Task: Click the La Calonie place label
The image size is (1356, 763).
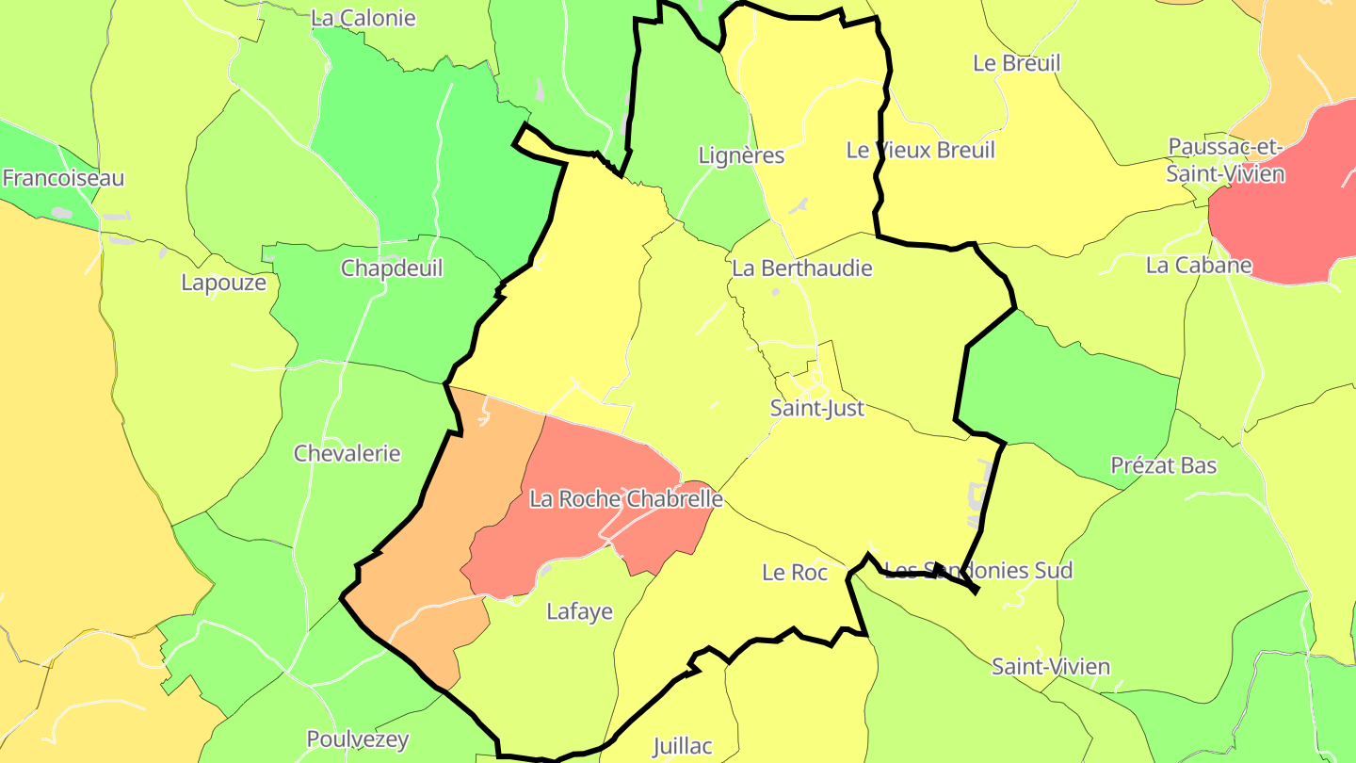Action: (363, 18)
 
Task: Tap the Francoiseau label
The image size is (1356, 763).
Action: (63, 178)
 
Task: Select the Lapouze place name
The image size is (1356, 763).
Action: (224, 283)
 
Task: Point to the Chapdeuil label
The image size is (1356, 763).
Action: (392, 268)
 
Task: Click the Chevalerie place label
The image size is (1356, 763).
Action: (347, 453)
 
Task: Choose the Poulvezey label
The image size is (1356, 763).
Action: (358, 739)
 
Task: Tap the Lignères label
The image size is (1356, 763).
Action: (741, 155)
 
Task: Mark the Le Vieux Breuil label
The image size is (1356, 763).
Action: (920, 150)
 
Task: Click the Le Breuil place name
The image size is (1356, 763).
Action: (1016, 63)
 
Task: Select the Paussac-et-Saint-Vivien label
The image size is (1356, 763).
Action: (1225, 160)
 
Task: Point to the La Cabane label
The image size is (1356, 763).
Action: (1199, 265)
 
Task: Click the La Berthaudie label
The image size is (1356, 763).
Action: (802, 268)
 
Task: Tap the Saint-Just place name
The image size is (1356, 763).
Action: (817, 409)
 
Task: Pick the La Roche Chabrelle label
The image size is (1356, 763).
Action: (626, 498)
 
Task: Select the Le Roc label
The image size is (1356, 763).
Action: (795, 572)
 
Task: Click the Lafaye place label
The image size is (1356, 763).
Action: (580, 611)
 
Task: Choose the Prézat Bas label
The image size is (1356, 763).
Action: (1164, 465)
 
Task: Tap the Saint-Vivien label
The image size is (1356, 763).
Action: (1051, 667)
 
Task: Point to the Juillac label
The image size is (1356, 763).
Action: (683, 746)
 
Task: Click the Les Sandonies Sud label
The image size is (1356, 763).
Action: (979, 570)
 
